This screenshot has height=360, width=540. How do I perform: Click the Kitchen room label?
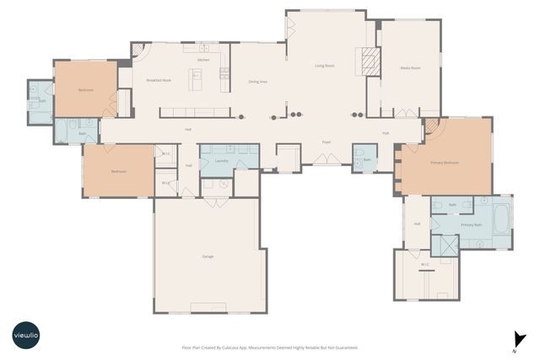[x=203, y=61]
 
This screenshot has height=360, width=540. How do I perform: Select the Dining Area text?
[x=257, y=82]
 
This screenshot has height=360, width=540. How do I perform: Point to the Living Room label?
[x=325, y=65]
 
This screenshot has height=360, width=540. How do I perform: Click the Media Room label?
[x=410, y=67]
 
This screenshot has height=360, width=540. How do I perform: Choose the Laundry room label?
[x=223, y=160]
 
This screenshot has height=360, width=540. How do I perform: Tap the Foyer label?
[x=326, y=142]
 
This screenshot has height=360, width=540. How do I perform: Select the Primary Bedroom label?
[x=445, y=163]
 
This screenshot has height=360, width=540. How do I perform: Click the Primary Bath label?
[x=471, y=225]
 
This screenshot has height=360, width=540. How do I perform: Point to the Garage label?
[x=207, y=255]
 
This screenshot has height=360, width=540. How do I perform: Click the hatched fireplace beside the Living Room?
[x=369, y=62]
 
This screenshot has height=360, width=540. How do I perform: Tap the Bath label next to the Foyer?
[x=367, y=159]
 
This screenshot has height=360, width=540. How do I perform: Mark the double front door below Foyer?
[x=326, y=159]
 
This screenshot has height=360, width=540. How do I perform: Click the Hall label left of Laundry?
[x=188, y=165]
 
